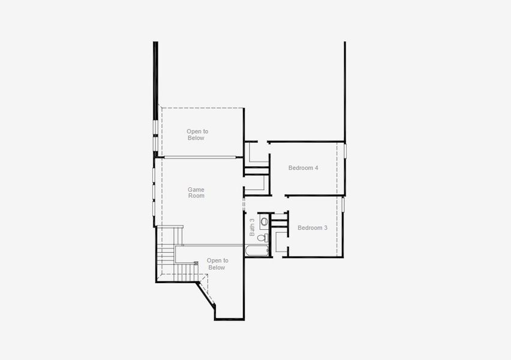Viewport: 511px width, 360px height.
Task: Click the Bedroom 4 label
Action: coord(303,168)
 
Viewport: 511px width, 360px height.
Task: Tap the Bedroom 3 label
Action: coord(312,228)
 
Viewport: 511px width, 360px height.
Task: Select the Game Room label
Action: coord(196,193)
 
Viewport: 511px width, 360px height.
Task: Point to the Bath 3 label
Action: coord(253,227)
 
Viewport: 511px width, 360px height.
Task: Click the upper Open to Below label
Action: coord(197,134)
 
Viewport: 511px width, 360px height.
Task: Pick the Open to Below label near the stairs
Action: coord(217,264)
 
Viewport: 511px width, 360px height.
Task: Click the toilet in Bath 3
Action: coord(261,238)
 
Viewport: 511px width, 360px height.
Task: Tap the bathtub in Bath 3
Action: coord(258,250)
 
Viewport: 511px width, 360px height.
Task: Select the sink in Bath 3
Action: coord(264,220)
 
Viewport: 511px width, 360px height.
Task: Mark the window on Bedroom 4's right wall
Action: coord(345,151)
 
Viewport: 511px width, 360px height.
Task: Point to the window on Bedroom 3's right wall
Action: coord(344,205)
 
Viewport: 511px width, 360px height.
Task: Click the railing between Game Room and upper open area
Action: coord(199,157)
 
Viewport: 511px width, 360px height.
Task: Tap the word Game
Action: coord(196,190)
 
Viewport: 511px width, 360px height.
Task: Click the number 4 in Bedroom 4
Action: coord(316,168)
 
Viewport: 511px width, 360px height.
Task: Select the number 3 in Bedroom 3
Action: coord(326,228)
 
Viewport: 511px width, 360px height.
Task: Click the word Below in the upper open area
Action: coord(196,138)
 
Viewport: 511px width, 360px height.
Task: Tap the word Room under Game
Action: coord(196,196)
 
